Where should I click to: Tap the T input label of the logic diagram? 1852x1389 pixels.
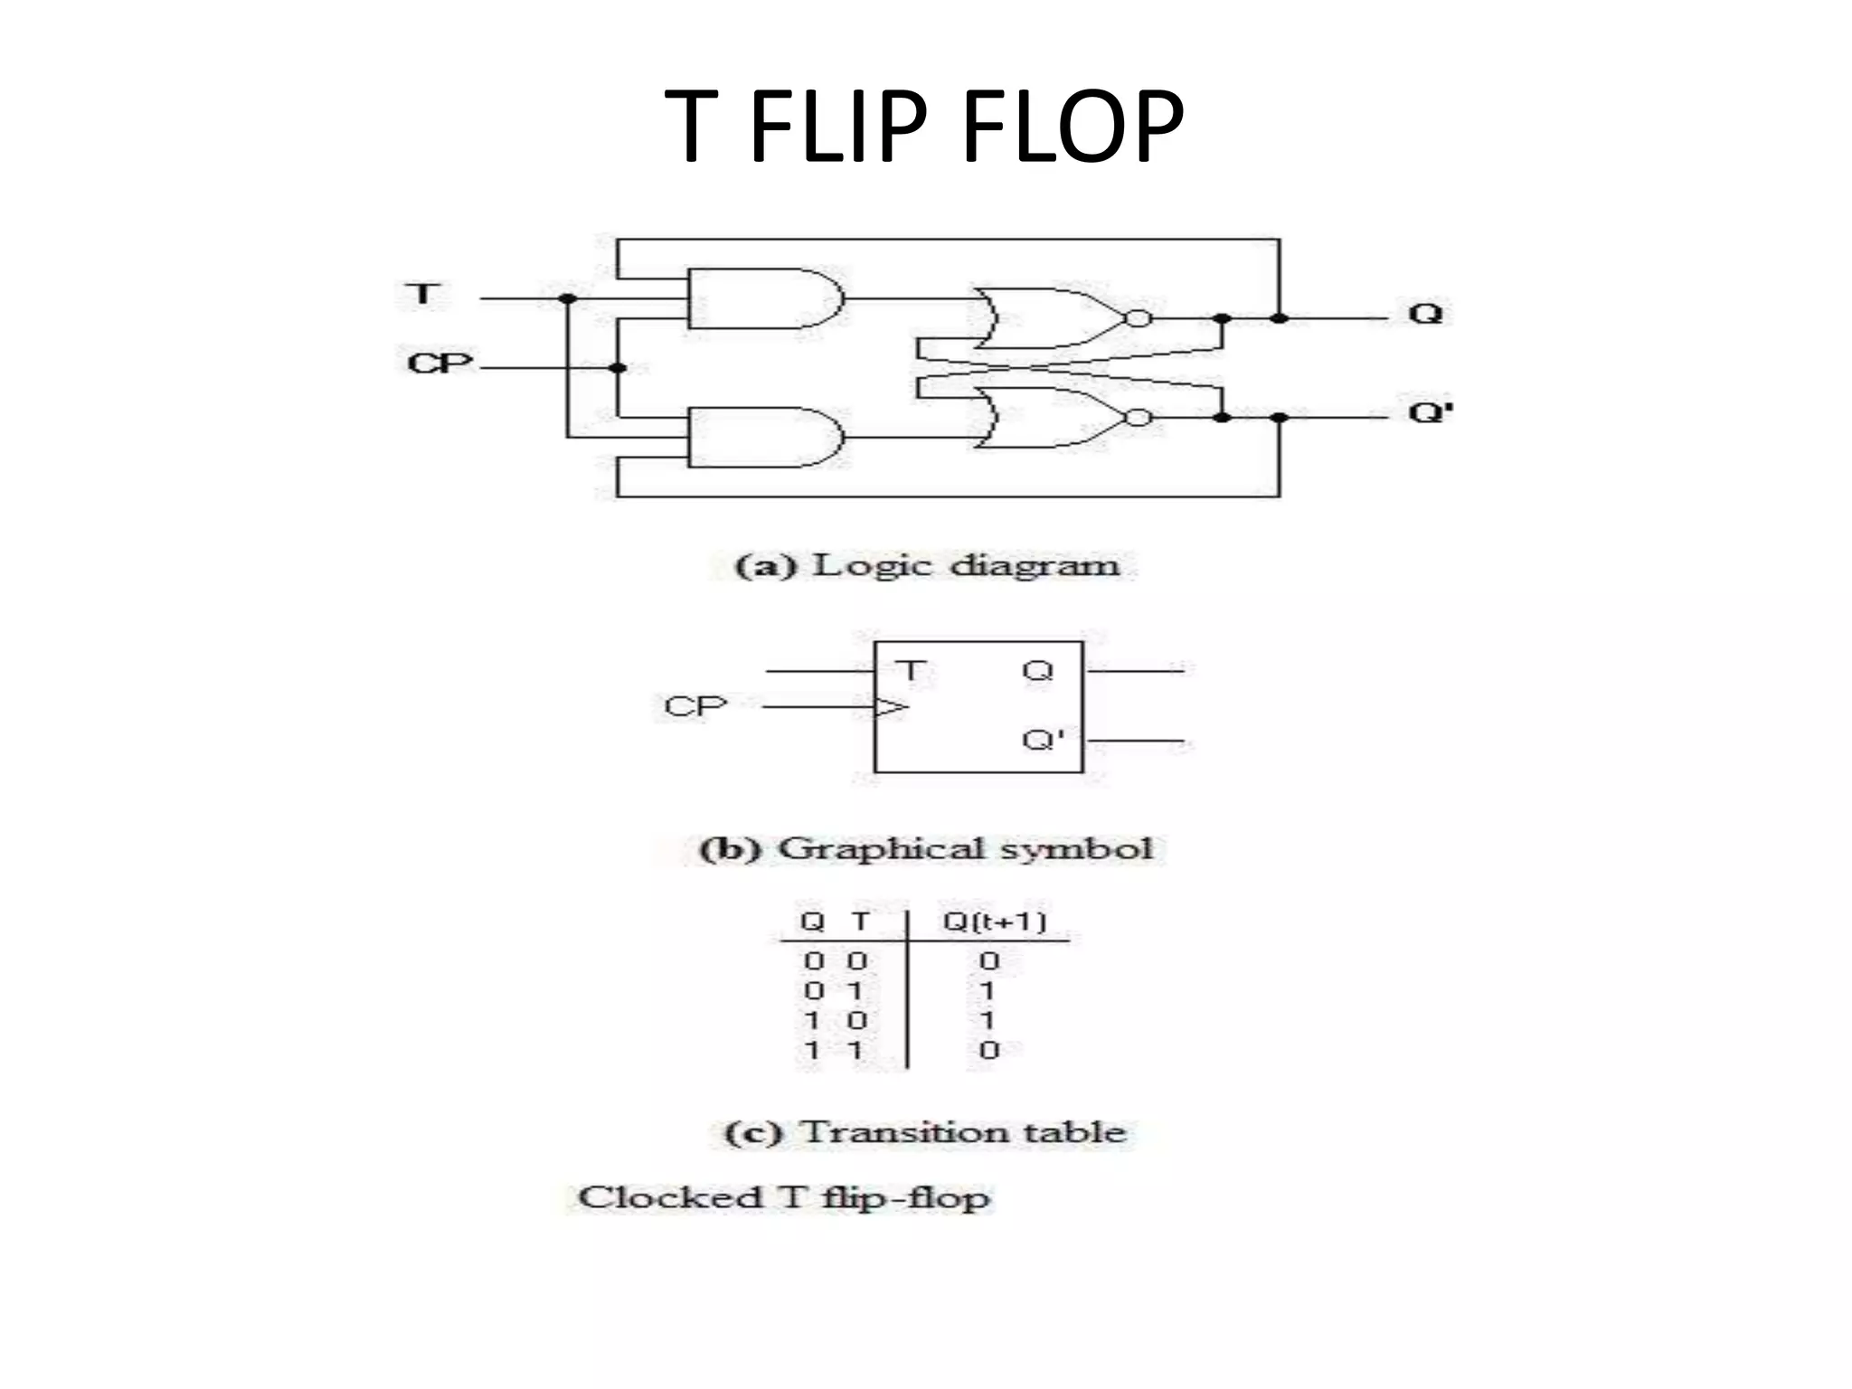coord(423,294)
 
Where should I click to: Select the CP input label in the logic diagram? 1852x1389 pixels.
coord(439,364)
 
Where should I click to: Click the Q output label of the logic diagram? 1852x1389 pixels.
coord(1425,314)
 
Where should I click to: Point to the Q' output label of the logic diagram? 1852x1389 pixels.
coord(1430,412)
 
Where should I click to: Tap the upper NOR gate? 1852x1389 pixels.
coord(1049,318)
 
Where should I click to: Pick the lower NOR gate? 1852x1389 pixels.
coord(1049,418)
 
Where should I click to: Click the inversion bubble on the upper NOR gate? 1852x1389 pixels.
coord(1138,318)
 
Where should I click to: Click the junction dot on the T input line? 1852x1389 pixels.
coord(567,298)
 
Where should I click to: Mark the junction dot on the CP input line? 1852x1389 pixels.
coord(618,368)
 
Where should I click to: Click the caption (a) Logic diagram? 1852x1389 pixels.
coord(927,566)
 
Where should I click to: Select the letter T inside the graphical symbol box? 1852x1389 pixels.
coord(911,671)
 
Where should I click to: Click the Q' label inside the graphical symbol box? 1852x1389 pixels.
coord(1042,740)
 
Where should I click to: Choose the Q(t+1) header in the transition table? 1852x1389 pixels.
coord(994,921)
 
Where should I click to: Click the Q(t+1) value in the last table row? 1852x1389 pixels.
coord(989,1050)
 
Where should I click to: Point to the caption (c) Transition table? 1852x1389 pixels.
coord(925,1132)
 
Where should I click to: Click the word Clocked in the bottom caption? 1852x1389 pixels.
coord(670,1198)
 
